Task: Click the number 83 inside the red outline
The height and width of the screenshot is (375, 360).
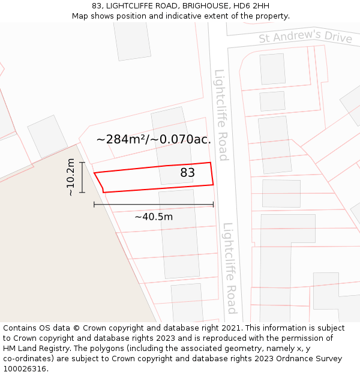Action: click(x=188, y=173)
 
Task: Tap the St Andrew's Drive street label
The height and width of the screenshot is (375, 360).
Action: click(x=305, y=37)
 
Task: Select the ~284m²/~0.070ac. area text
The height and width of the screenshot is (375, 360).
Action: click(x=154, y=139)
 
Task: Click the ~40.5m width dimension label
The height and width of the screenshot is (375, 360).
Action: click(x=154, y=217)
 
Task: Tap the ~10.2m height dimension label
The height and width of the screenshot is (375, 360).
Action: click(x=71, y=177)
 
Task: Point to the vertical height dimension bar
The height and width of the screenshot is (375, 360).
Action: click(x=82, y=177)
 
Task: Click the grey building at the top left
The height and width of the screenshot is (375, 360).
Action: click(x=132, y=40)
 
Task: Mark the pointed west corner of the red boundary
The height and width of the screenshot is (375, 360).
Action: click(x=95, y=173)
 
